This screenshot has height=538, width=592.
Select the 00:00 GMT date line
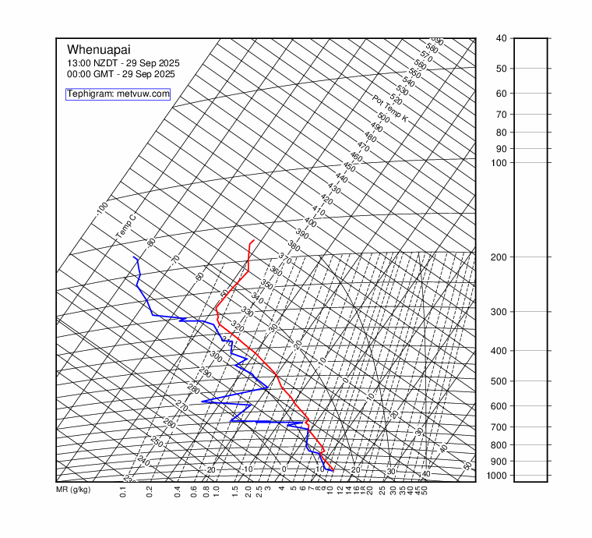(121, 74)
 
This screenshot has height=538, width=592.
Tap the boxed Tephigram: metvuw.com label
(118, 94)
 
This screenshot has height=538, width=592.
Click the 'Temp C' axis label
(125, 225)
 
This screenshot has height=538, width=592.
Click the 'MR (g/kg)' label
(73, 490)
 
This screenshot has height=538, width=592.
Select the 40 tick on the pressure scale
(501, 38)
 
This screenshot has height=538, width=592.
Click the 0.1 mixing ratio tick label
(123, 491)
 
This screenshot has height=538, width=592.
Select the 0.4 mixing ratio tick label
(178, 491)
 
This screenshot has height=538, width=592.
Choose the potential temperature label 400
(310, 222)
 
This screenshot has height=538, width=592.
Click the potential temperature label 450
(349, 168)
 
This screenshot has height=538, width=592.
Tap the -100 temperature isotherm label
(102, 208)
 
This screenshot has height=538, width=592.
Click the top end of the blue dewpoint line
(134, 257)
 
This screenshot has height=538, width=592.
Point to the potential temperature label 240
(143, 461)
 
